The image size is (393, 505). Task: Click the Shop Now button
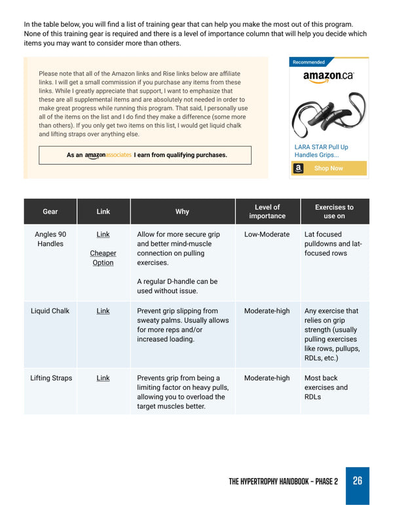tap(328, 168)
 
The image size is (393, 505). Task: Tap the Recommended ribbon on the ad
tap(309, 62)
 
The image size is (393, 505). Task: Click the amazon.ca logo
tap(328, 76)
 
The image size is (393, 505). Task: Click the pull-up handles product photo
tap(328, 113)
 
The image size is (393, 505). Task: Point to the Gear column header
tap(50, 211)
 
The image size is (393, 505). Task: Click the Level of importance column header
tap(267, 211)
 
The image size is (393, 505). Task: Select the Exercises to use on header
tap(334, 211)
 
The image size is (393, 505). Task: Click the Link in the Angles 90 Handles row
tap(103, 234)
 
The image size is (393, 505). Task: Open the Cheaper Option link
tap(103, 258)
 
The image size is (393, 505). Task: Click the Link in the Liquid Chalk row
tap(103, 311)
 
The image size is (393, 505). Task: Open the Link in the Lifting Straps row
tap(103, 378)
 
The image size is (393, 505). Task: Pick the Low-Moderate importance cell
tap(267, 234)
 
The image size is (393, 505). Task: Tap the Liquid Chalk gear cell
tap(50, 311)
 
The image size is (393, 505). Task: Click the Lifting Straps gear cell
tap(50, 378)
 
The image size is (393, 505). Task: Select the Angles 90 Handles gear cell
tap(50, 239)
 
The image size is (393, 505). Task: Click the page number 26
tap(357, 481)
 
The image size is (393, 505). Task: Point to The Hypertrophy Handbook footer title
tap(283, 481)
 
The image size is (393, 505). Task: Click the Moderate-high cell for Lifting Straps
tap(267, 378)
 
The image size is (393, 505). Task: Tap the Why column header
tap(182, 211)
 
